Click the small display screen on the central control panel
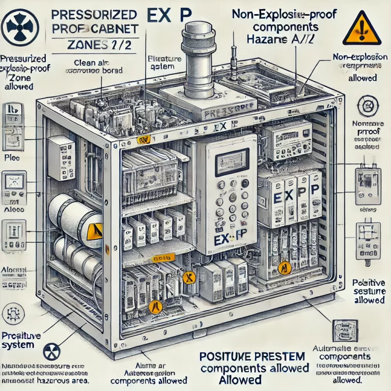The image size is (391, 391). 227,164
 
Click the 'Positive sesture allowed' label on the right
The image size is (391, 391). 368,291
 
